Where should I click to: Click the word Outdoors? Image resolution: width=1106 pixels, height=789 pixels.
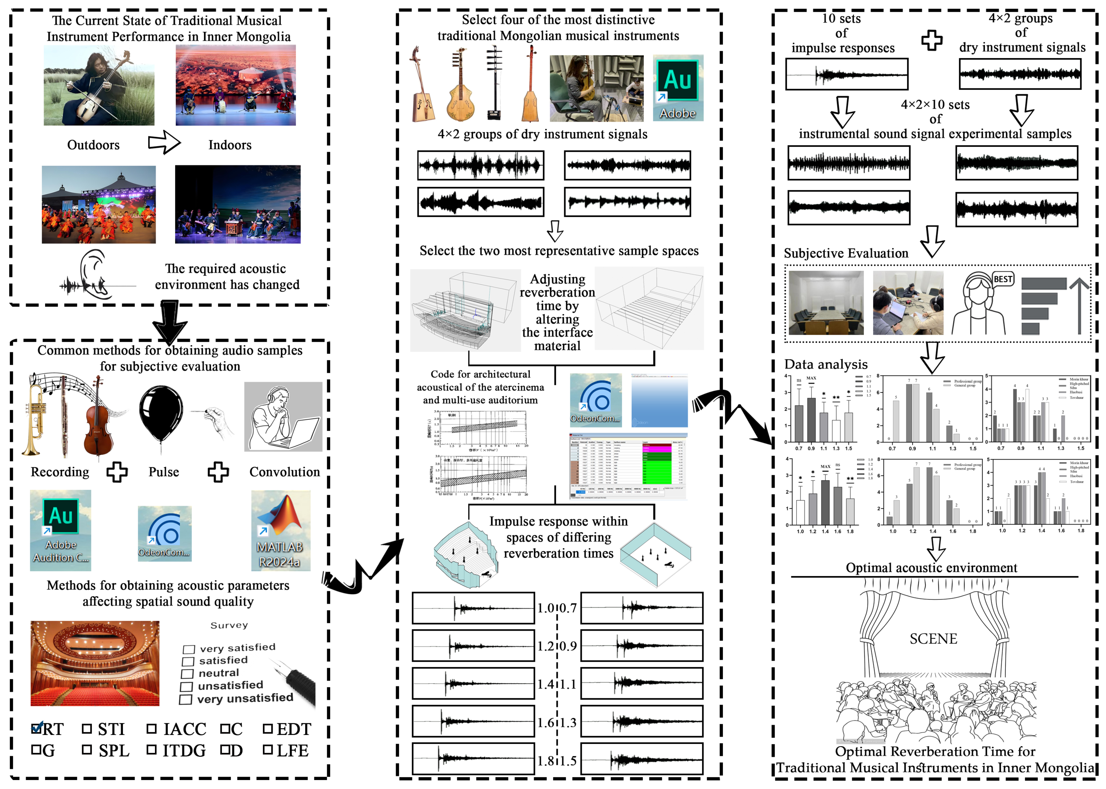pos(93,145)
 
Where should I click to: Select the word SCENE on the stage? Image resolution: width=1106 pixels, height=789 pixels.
pos(933,639)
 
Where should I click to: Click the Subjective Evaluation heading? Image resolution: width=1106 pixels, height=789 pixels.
pos(846,253)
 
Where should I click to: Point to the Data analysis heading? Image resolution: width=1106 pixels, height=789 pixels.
pos(826,364)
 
